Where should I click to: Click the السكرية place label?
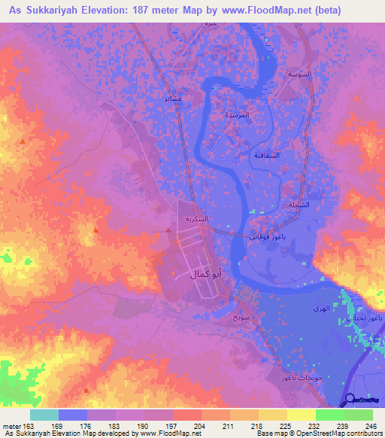(x=202, y=219)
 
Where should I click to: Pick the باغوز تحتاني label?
(x=365, y=319)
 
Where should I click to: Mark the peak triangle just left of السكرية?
(x=168, y=232)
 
